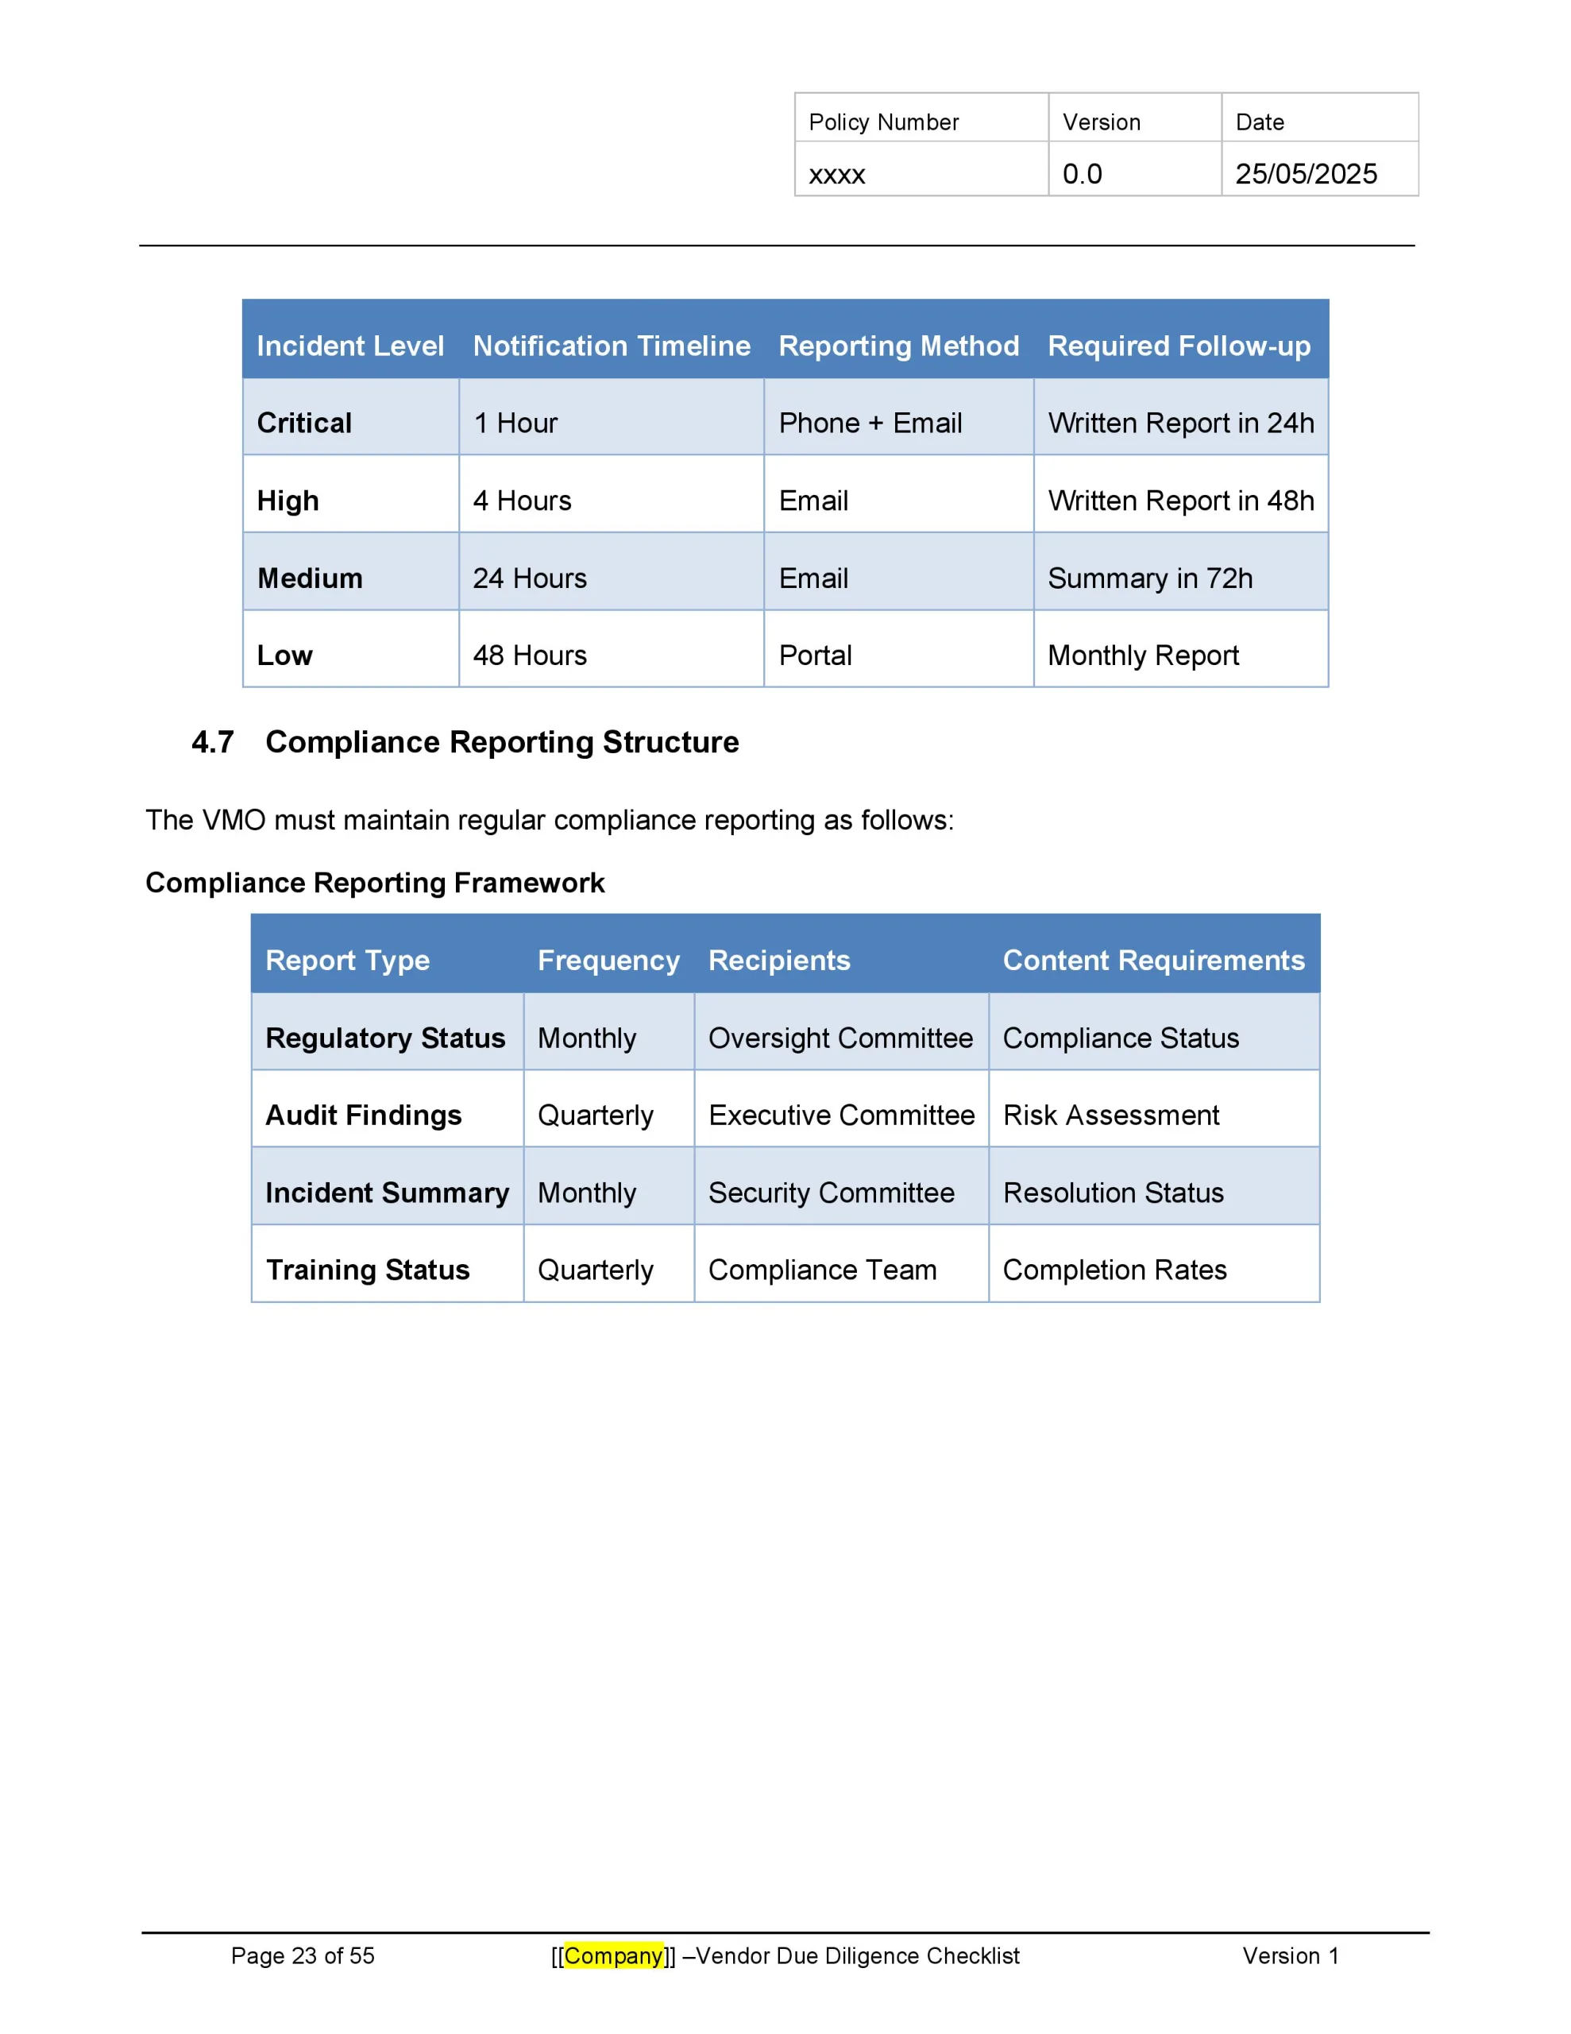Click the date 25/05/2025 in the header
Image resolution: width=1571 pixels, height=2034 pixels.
[1305, 174]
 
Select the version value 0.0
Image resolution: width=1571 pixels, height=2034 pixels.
[1082, 174]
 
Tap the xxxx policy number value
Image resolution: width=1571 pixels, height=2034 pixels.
[836, 175]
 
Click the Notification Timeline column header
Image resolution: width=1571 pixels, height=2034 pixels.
[611, 346]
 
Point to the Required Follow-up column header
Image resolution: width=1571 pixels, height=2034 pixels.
[1178, 346]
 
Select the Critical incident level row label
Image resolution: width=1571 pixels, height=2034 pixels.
[303, 423]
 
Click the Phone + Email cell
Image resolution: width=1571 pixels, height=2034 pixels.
[870, 423]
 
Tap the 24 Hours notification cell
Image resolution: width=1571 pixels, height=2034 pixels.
[529, 578]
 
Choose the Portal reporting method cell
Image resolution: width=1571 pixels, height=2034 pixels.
[815, 655]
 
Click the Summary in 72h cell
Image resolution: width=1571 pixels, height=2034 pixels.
[1149, 578]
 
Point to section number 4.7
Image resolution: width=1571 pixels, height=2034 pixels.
[212, 742]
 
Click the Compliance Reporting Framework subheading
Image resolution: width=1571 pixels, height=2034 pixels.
[374, 882]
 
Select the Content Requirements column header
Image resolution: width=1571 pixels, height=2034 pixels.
[1153, 960]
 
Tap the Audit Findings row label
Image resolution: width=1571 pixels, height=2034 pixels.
[363, 1115]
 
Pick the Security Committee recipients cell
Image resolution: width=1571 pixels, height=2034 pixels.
[831, 1192]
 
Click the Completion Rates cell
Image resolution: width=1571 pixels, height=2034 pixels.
[1114, 1270]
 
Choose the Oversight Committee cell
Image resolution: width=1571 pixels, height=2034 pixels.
[840, 1038]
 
